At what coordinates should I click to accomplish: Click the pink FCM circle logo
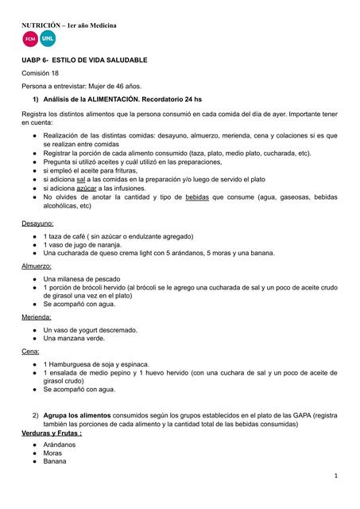29,39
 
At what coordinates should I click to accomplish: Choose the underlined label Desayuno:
38,224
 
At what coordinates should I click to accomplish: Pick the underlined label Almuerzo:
37,266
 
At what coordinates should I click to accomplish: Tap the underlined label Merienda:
37,317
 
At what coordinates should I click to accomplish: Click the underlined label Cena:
30,351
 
